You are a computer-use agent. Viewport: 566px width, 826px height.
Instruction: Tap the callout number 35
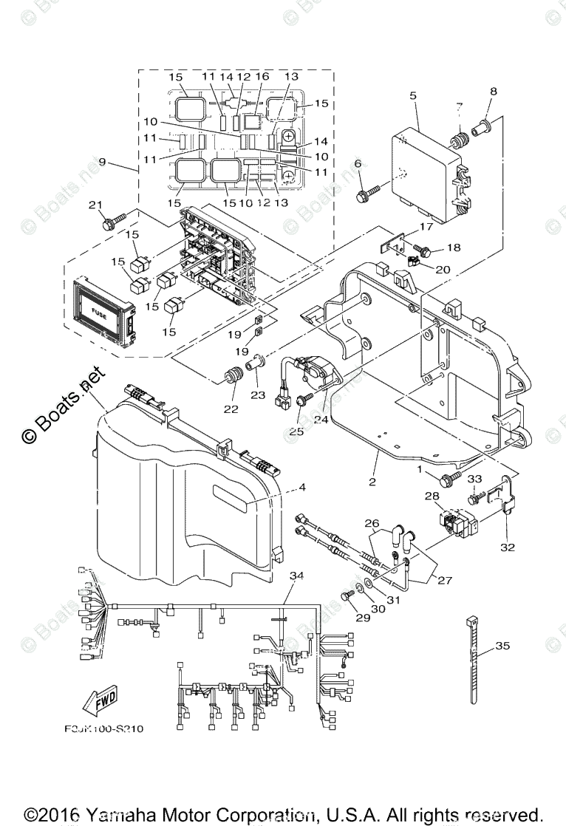(x=502, y=646)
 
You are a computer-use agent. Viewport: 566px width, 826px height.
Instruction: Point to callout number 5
(x=413, y=95)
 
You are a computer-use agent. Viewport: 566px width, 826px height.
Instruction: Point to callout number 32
(x=507, y=547)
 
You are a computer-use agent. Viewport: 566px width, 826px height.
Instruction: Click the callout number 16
(x=262, y=77)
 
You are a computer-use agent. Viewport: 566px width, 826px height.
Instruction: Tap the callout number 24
(x=321, y=419)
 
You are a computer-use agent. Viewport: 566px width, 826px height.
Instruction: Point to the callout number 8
(x=493, y=92)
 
